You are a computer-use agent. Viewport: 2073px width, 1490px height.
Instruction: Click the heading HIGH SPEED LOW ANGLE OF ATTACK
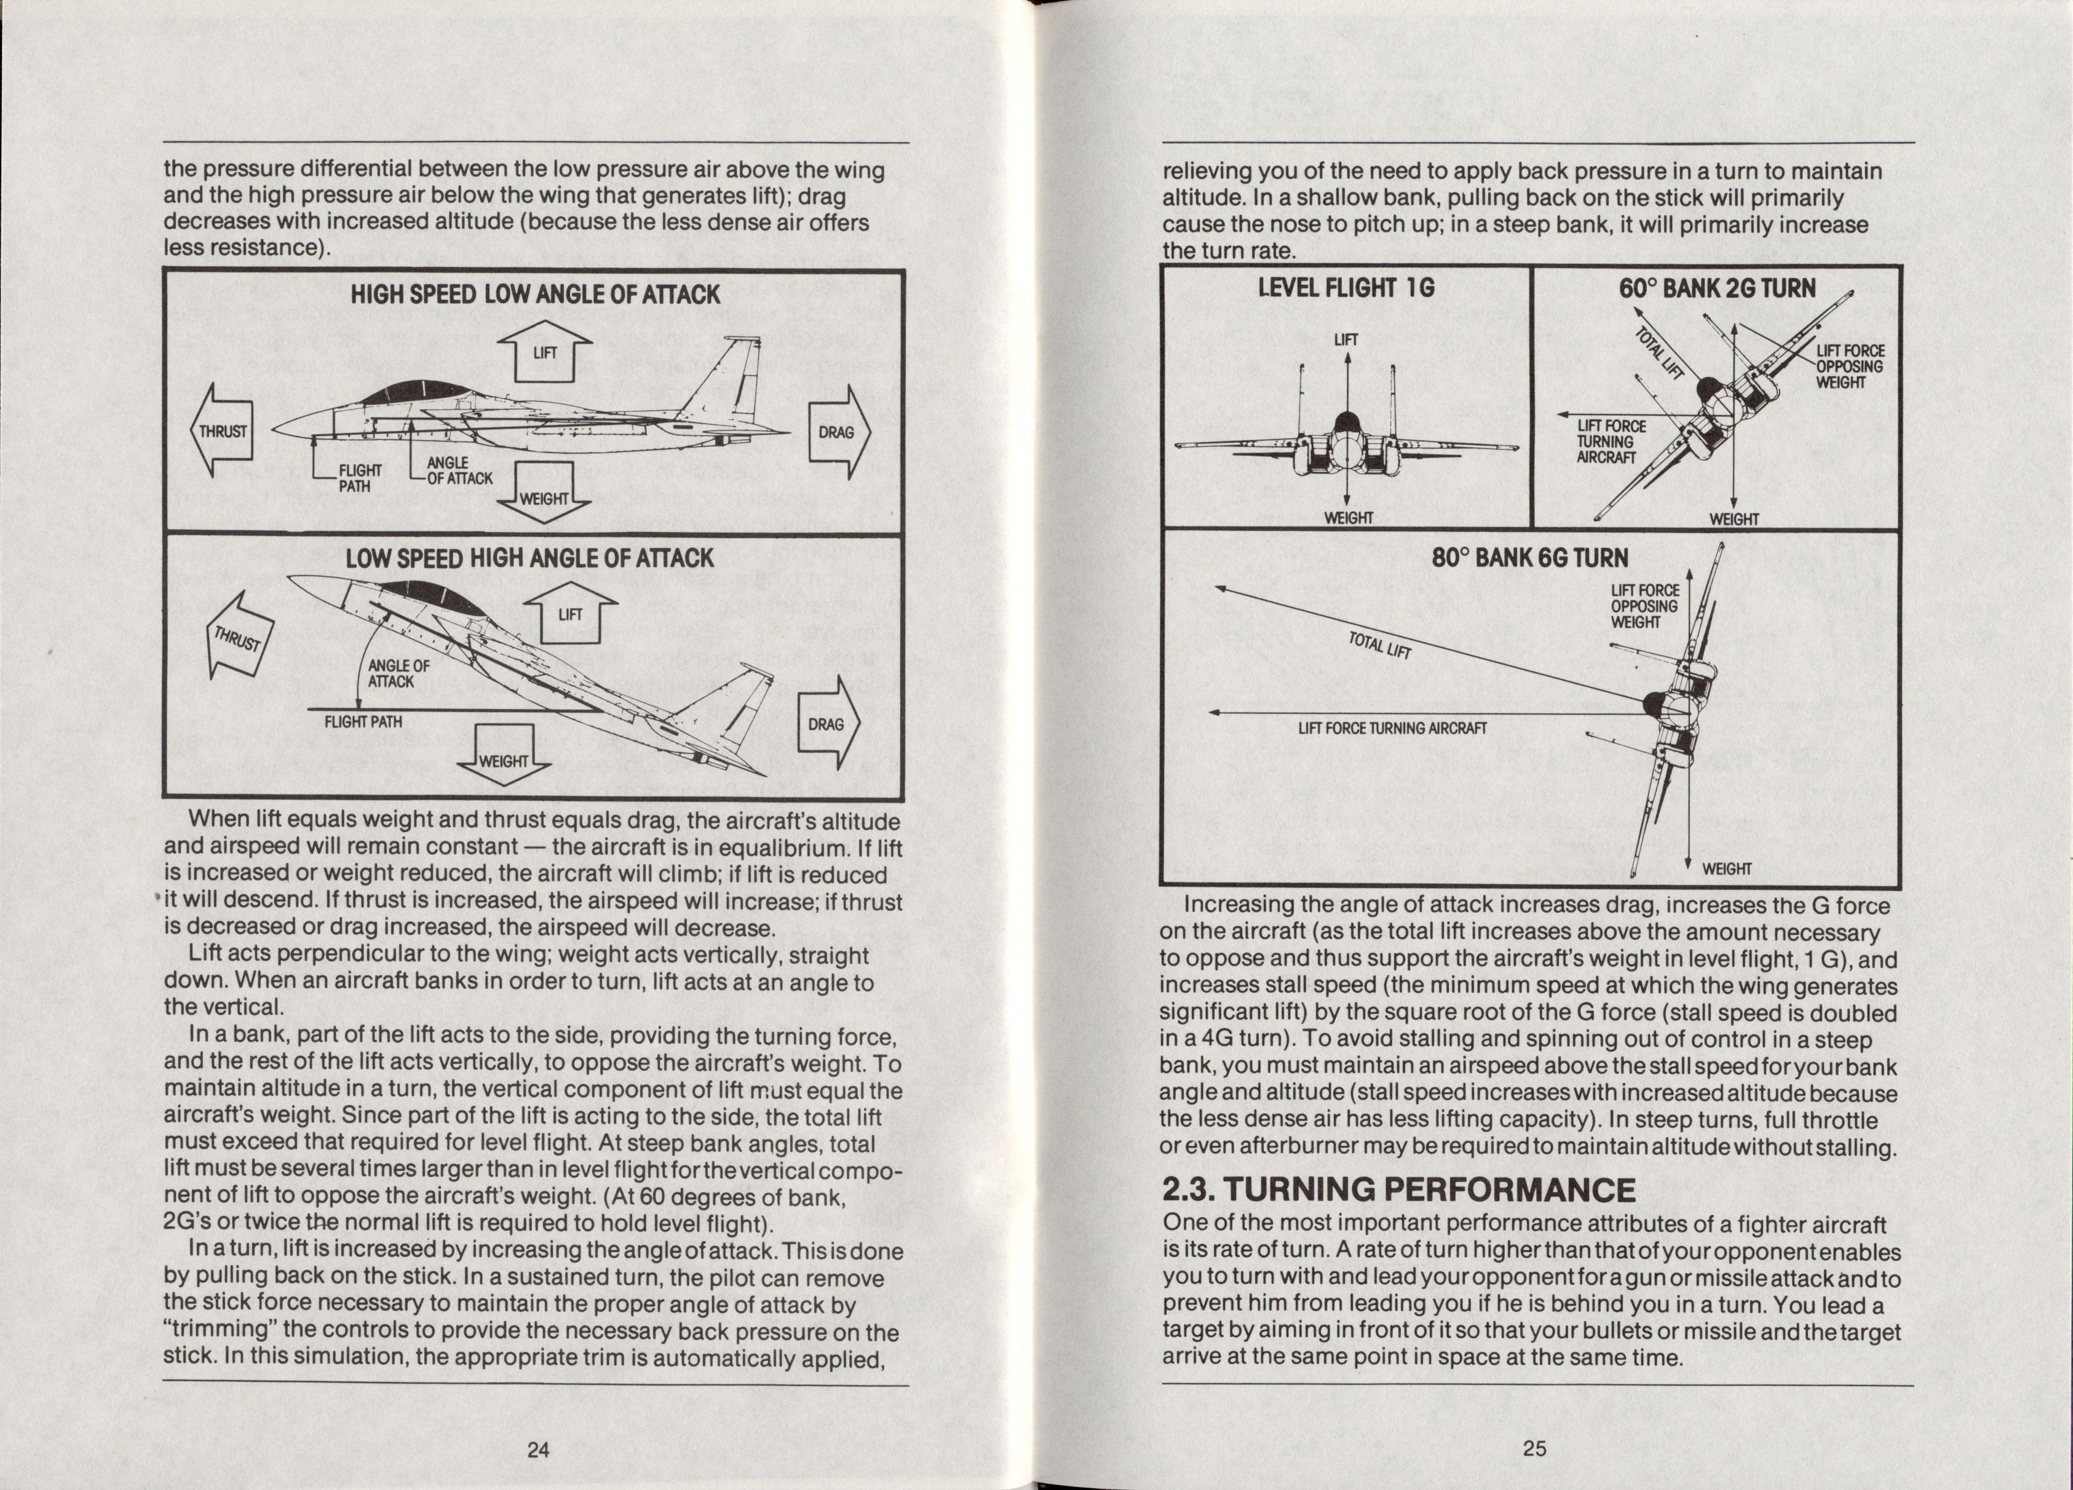click(535, 295)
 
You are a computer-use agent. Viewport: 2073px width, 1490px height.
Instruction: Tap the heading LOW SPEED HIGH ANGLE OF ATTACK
click(529, 558)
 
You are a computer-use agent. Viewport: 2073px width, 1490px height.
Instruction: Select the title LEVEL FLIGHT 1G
click(1346, 288)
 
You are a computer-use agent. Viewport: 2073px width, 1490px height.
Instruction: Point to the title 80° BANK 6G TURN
click(1530, 558)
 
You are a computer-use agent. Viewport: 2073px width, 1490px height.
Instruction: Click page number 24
click(538, 1449)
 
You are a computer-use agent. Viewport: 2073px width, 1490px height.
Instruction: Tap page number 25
click(1535, 1448)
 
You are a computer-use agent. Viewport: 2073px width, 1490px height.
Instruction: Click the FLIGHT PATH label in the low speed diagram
click(363, 721)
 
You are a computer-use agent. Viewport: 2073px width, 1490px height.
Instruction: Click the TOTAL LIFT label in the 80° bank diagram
click(1380, 644)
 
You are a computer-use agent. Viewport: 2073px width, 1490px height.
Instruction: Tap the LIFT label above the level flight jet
click(1346, 340)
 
